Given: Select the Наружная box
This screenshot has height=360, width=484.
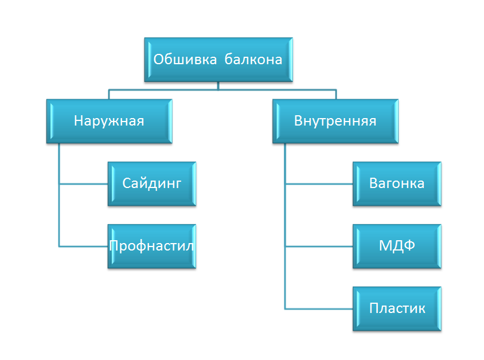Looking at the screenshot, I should point(109,121).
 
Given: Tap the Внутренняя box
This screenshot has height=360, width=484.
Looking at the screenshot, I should point(335,121).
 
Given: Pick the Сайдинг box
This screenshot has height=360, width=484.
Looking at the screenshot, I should point(152,183).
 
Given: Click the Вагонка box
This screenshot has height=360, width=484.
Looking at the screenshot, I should point(397,183).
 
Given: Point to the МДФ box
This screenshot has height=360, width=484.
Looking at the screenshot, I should point(397,246).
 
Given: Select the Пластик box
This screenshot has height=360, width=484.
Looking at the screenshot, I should point(397,308).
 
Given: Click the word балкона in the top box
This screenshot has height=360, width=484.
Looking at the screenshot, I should point(253,60).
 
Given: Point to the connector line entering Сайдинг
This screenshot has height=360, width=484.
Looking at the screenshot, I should point(83,184).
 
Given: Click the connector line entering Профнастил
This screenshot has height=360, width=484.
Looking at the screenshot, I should point(83,246).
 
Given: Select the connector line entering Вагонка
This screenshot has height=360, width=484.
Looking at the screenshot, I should point(319,184).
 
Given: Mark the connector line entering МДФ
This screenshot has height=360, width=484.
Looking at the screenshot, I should point(319,246).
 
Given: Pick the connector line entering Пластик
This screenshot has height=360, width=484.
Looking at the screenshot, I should point(319,309).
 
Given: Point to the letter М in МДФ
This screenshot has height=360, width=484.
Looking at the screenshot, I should point(385,246).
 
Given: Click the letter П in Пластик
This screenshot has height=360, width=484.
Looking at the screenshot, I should point(374,308).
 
